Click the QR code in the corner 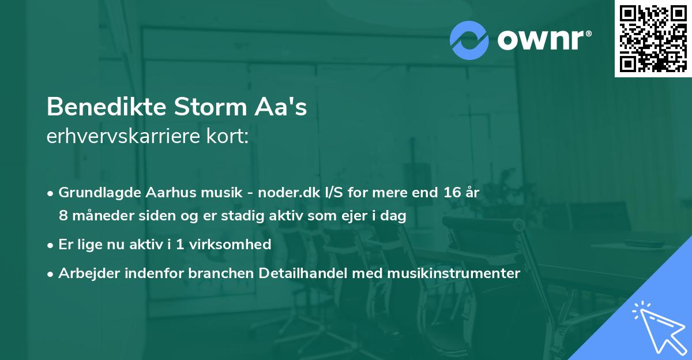653,39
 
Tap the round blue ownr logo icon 469,40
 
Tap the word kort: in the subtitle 230,137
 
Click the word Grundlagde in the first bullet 93,192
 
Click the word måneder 94,216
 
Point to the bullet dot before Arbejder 51,273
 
